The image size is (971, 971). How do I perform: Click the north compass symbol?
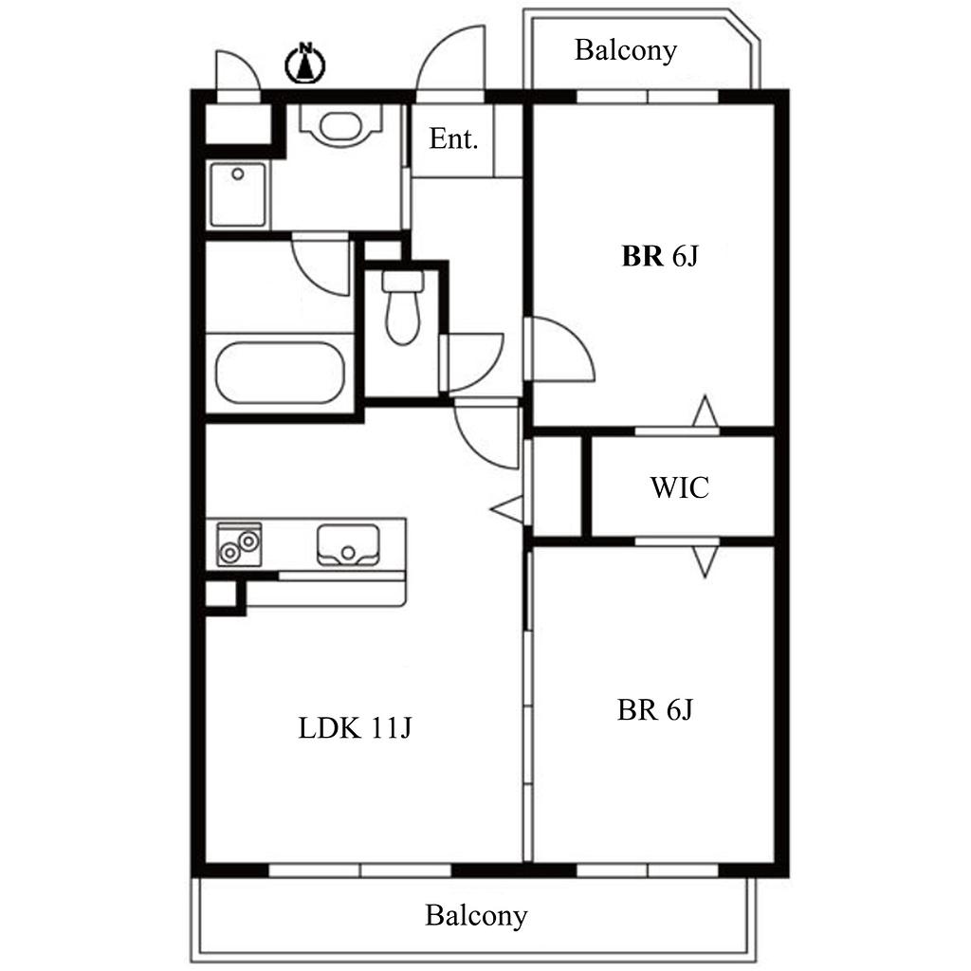coord(304,64)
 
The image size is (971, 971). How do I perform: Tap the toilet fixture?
coord(402,307)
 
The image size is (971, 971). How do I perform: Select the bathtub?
coord(280,373)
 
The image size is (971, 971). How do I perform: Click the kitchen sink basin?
coord(347,545)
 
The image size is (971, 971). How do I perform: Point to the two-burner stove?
coord(239,544)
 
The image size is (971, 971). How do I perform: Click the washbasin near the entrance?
coord(340,126)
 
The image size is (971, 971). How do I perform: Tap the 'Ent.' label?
coord(454,138)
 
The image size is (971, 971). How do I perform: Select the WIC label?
coord(679,487)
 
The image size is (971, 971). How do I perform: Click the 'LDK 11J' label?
coord(355,727)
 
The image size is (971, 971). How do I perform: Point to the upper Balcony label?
coord(626,51)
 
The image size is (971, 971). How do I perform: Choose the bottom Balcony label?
coord(476,915)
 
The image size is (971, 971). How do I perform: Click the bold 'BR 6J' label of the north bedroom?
coord(660,256)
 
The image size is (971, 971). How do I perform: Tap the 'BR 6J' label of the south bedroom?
coord(654,709)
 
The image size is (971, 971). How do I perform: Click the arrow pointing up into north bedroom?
coord(705,410)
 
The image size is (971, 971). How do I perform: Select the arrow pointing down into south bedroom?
coord(705,561)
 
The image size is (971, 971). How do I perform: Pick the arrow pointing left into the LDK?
coord(506,509)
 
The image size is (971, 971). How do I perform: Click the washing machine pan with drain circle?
coord(238,194)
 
